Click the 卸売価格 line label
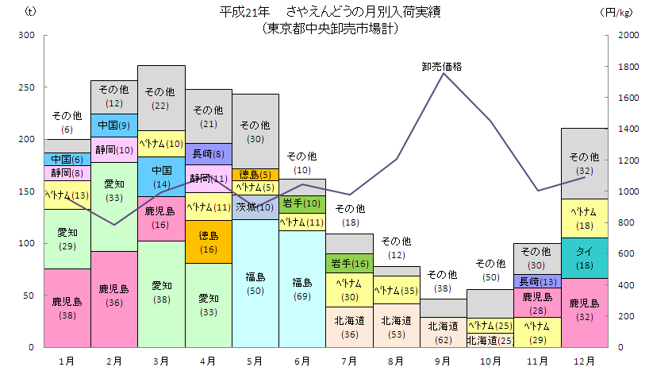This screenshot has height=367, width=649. coord(442,67)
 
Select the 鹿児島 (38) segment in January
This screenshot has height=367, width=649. coord(67,308)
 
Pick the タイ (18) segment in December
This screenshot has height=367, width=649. coord(584,257)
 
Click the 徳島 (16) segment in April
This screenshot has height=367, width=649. coord(208,241)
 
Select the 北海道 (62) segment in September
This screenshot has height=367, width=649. coord(443,332)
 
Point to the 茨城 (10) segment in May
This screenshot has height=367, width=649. coord(255,207)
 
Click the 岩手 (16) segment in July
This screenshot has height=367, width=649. coord(348,264)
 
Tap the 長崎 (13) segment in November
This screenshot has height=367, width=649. coord(536,281)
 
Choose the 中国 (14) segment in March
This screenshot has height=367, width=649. coord(161,176)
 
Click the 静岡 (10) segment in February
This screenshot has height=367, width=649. coord(114,149)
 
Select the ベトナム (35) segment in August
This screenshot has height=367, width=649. coord(395,291)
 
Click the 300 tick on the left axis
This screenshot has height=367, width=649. coord(28,36)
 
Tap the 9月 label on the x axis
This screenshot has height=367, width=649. coord(443,360)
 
